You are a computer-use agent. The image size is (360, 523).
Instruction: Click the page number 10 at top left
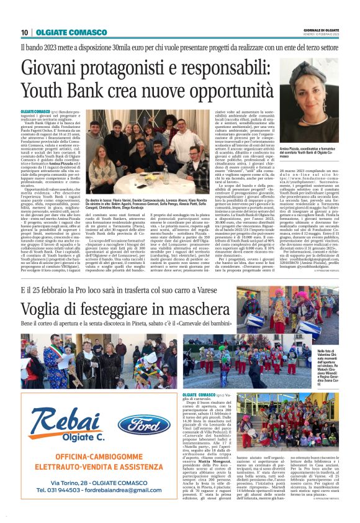pos(25,32)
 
